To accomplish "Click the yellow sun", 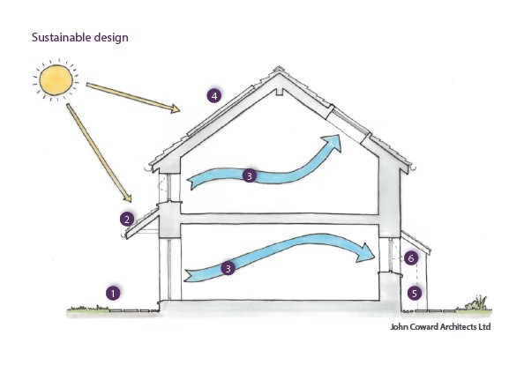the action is point(56,80).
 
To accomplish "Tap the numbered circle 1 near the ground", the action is point(113,293).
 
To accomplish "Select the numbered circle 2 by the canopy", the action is point(127,220).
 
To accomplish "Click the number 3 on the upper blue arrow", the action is point(250,175).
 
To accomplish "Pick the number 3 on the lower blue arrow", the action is point(228,268).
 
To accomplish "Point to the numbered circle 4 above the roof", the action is point(213,96).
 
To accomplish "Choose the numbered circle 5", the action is point(415,293).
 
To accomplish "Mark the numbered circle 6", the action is point(411,257).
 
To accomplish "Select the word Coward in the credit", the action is point(424,326).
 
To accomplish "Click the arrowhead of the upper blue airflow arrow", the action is point(332,143).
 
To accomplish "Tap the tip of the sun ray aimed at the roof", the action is point(180,110).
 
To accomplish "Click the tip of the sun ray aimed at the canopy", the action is point(131,201).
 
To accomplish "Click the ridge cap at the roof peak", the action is point(278,70).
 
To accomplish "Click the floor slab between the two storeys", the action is point(280,219).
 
